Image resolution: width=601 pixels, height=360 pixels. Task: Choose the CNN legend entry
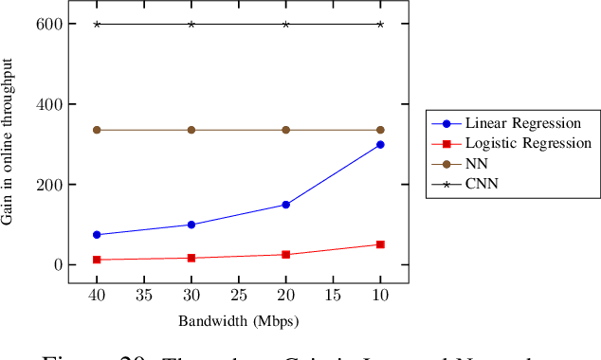click(x=480, y=184)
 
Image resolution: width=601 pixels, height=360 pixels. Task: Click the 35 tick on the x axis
click(x=144, y=296)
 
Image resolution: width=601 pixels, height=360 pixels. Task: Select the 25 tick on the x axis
click(x=239, y=296)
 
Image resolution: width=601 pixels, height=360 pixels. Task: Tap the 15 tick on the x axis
click(x=334, y=296)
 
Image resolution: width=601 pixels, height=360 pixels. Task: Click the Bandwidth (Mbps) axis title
click(x=239, y=321)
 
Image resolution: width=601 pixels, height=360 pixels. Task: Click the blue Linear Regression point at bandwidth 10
click(x=380, y=145)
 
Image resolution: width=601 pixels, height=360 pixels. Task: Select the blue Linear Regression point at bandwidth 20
click(x=285, y=205)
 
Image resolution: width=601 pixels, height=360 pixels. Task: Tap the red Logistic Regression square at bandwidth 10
click(x=380, y=244)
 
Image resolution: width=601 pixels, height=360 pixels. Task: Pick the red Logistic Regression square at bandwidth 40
click(x=97, y=260)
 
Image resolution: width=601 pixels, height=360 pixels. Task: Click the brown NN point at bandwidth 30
click(x=191, y=130)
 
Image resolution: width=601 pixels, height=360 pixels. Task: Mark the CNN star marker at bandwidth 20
click(x=285, y=24)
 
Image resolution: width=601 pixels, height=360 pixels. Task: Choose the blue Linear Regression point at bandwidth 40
click(x=97, y=235)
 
